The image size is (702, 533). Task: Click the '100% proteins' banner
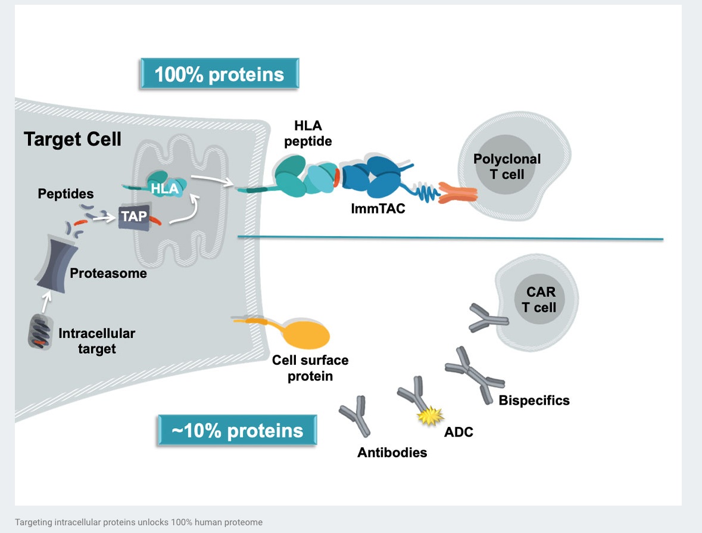[x=219, y=75]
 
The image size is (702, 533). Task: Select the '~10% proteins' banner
[x=237, y=430]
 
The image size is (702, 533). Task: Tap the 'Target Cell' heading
[x=73, y=140]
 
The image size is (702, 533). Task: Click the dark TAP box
[x=133, y=216]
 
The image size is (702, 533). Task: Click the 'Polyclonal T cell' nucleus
[x=498, y=166]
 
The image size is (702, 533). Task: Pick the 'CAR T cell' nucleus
[x=539, y=299]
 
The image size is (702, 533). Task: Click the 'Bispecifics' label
[x=533, y=400]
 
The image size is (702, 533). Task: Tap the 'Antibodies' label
[x=392, y=453]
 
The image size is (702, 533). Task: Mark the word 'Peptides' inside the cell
[x=65, y=194]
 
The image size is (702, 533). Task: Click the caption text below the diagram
[x=139, y=522]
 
